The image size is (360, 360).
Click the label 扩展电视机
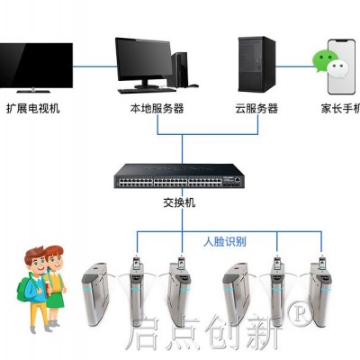tap(33, 108)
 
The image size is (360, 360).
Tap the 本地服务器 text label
tap(157, 108)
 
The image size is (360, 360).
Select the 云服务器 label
tap(256, 108)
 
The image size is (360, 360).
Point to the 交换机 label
tap(179, 202)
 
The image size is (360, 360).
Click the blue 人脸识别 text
tap(225, 241)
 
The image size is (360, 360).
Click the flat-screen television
tap(36, 67)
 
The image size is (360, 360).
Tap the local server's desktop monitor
tap(144, 62)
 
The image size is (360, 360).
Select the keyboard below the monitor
tap(147, 91)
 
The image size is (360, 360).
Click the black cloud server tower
tap(256, 64)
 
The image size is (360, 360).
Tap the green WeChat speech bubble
tap(323, 61)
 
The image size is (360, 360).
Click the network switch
tap(179, 176)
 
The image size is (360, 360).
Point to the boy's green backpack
tap(23, 289)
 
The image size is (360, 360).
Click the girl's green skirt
tap(55, 300)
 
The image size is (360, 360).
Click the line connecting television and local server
tap(94, 67)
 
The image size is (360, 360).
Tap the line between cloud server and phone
tap(294, 67)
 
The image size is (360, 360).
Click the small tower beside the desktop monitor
tap(180, 69)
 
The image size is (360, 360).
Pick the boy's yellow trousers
tap(40, 315)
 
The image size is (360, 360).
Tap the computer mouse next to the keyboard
tap(193, 85)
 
